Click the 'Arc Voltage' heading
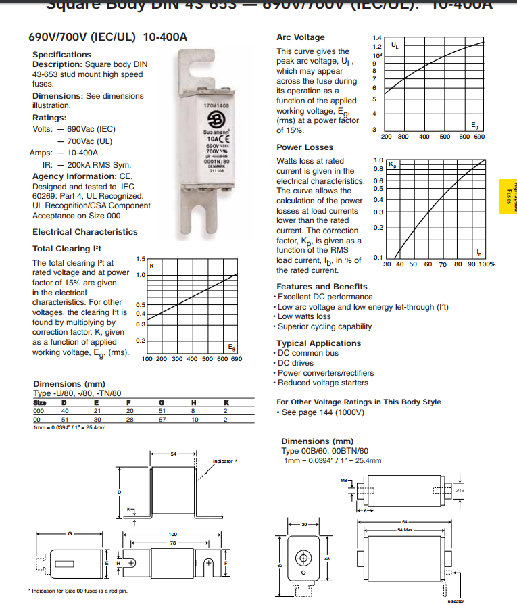pos(300,37)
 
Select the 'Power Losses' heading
pos(305,147)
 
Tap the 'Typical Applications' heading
pos(318,343)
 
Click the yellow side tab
pos(507,197)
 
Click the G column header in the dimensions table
pos(162,403)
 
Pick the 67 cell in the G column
pos(162,419)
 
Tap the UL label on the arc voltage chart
pos(395,45)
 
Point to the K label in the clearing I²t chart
pos(152,266)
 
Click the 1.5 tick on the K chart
pos(141,259)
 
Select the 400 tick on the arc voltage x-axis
pos(424,137)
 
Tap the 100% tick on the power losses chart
pos(487,264)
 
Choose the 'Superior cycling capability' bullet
pos(326,326)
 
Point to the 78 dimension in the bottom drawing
pos(173,543)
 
